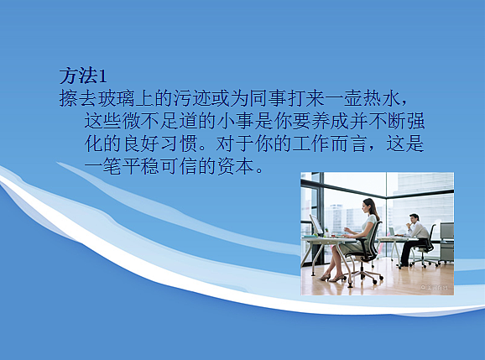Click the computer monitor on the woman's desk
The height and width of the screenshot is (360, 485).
coord(317,226)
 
